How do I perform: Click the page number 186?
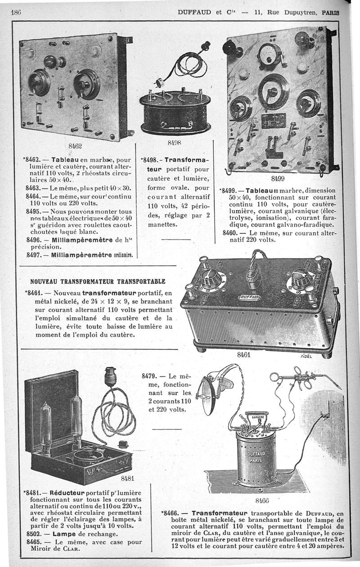[15, 12]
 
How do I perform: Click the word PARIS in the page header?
[330, 13]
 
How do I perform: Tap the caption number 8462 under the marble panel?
[75, 146]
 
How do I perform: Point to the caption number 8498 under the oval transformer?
[175, 143]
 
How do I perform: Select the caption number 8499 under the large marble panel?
[278, 179]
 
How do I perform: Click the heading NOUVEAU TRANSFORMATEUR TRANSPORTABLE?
[98, 281]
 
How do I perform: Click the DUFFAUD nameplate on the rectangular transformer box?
[250, 297]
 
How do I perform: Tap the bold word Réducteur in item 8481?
[67, 493]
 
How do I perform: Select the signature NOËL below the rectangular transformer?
[306, 356]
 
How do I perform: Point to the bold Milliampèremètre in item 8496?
[82, 240]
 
